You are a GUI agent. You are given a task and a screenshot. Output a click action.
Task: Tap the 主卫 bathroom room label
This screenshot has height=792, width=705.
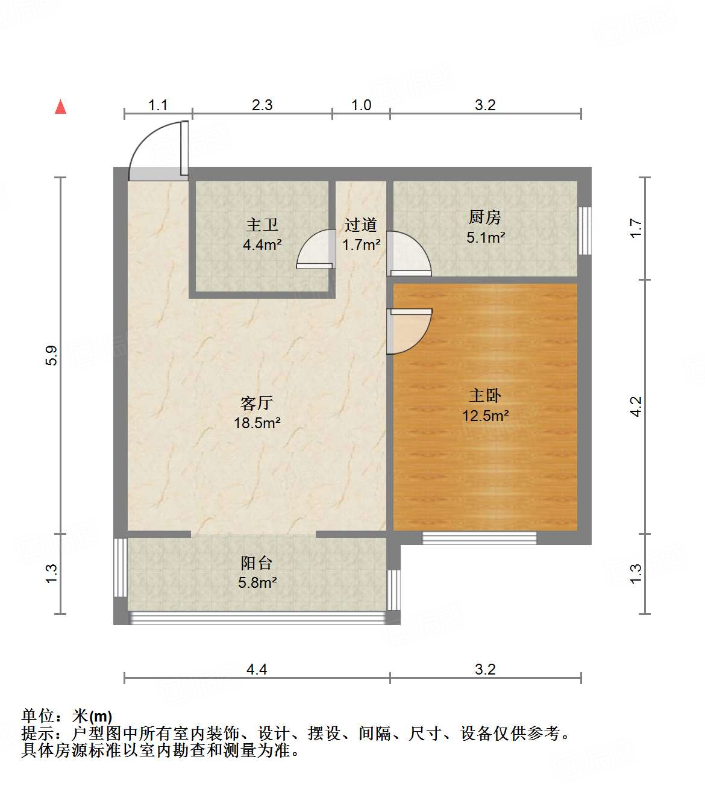[x=262, y=225]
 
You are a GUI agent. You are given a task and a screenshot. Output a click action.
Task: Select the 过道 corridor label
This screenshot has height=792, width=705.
[x=361, y=225]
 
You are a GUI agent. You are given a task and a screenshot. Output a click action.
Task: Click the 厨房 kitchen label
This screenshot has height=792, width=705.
[x=484, y=217]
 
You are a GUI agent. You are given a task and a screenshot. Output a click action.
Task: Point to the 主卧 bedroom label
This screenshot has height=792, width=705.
[x=485, y=396]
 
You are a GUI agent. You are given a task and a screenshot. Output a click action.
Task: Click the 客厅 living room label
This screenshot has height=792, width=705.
[x=257, y=403]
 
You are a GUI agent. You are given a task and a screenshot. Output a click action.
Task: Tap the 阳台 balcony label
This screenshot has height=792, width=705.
[x=257, y=563]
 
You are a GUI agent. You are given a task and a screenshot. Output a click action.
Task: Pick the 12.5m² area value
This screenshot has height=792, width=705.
[x=485, y=416]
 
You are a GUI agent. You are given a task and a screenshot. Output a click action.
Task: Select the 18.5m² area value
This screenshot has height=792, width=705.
[x=257, y=423]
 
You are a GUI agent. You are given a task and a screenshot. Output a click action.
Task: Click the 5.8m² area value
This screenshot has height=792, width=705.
[x=257, y=582]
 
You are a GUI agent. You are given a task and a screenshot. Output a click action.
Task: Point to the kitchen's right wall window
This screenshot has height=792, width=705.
[x=584, y=231]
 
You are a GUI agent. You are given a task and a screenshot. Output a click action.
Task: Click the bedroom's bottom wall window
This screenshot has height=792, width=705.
[x=479, y=538]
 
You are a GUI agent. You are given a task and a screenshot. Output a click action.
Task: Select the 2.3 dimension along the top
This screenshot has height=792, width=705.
[x=262, y=105]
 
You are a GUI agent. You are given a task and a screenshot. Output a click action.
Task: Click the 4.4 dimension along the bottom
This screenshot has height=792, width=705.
[x=257, y=669]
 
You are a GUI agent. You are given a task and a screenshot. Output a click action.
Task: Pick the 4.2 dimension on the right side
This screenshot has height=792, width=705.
[x=636, y=407]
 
